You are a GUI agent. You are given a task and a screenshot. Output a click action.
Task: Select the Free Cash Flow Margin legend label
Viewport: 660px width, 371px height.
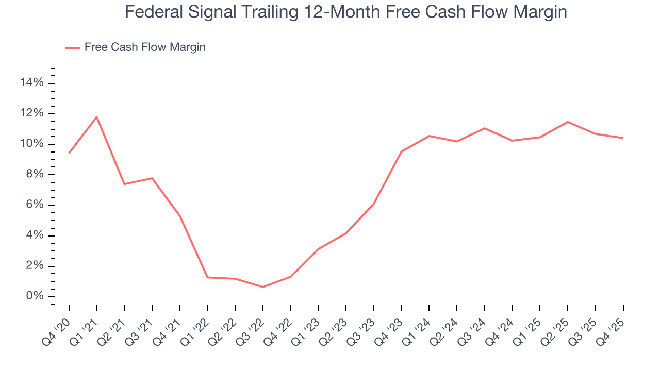coord(145,47)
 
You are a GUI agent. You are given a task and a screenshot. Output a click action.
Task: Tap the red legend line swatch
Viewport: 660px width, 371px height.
coord(73,48)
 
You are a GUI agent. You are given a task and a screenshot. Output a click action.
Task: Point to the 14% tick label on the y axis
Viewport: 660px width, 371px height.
coord(32,82)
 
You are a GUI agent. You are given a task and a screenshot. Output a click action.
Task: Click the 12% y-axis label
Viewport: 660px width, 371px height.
coord(32,113)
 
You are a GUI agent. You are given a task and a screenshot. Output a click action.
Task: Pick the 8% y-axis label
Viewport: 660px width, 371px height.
coord(34,174)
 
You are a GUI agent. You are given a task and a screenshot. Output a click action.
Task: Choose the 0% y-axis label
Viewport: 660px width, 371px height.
coord(34,296)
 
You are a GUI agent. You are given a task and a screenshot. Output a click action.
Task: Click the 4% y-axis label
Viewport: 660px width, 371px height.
coord(34,235)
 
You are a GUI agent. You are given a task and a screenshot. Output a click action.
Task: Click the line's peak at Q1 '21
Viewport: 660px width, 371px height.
coord(97,117)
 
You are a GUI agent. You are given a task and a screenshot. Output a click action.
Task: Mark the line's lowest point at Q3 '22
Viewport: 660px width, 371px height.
coord(263,287)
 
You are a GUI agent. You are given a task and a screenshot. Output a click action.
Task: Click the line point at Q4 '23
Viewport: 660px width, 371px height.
coord(401,151)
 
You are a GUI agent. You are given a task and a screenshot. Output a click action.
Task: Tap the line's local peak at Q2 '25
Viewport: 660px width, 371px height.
coord(568,122)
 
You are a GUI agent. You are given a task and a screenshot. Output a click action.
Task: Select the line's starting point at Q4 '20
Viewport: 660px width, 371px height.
coord(69,153)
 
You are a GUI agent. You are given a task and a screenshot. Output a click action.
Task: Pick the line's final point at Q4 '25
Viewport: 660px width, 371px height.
coord(623,138)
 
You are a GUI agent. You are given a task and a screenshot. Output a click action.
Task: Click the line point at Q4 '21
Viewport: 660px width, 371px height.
coord(180,216)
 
